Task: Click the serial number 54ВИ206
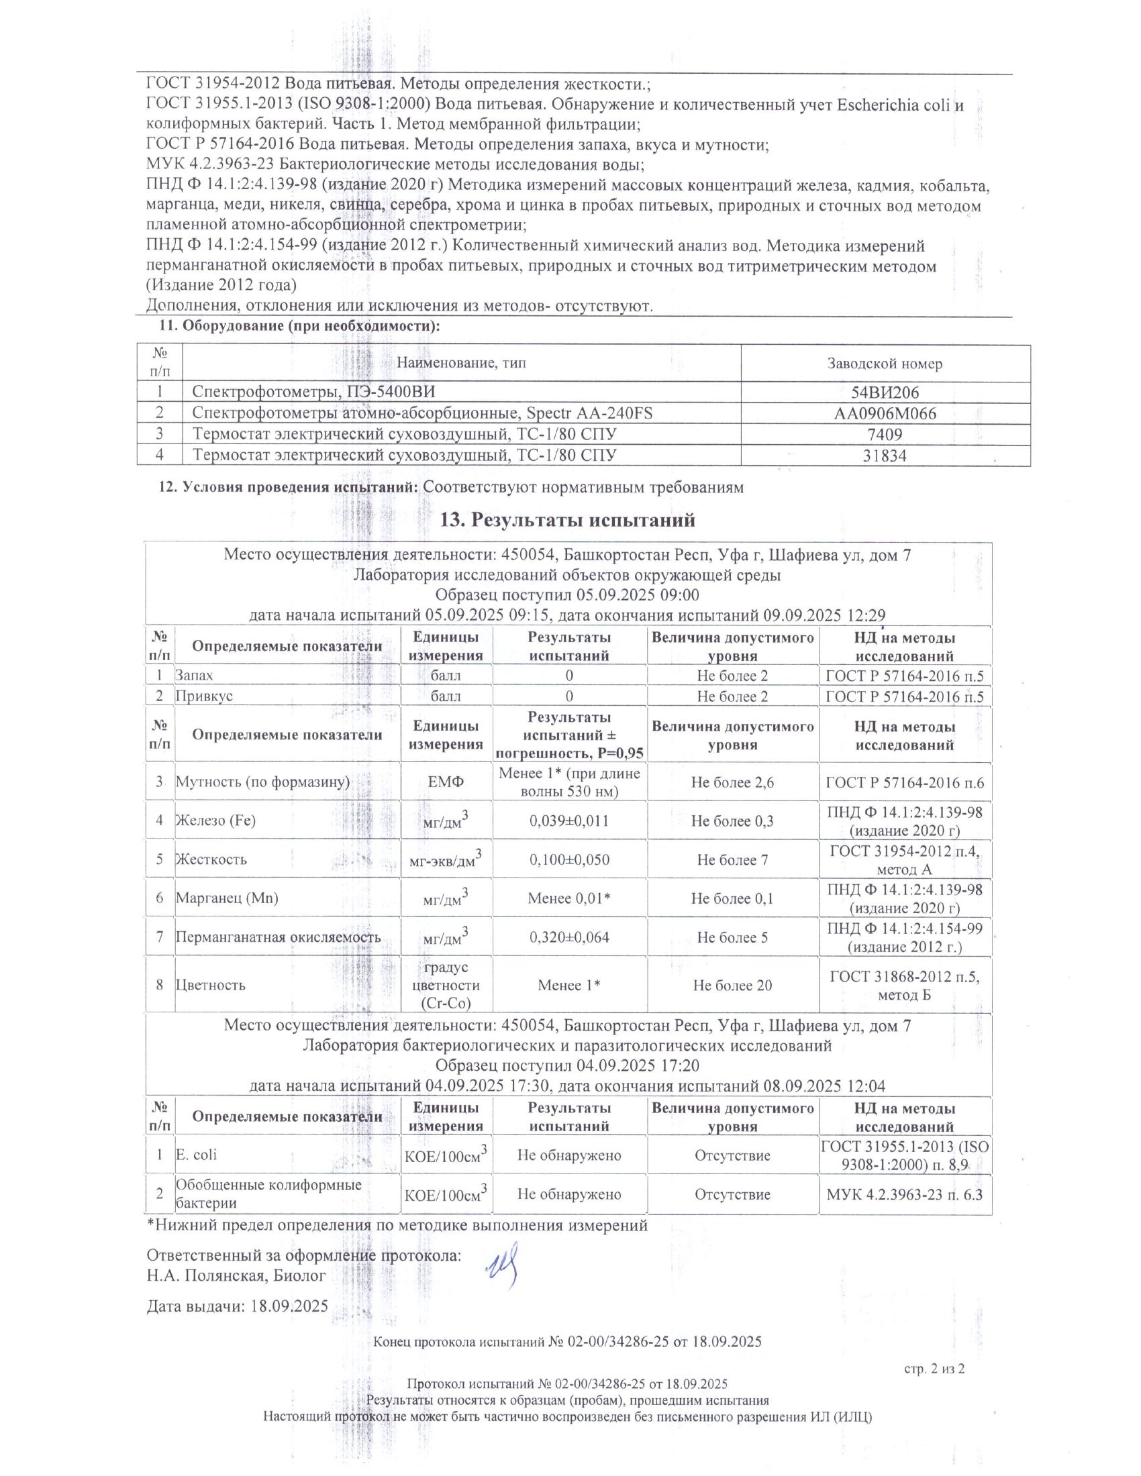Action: [885, 393]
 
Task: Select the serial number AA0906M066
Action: [885, 413]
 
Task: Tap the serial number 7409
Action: [885, 435]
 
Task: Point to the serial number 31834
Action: [885, 456]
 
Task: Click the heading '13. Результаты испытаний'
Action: [568, 521]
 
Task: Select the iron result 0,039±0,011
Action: [569, 821]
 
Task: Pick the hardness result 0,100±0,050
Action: [569, 859]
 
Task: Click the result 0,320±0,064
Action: [569, 937]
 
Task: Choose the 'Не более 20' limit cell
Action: [732, 986]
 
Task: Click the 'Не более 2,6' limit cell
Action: [732, 782]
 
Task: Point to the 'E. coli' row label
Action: [196, 1155]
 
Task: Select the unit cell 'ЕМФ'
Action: [446, 782]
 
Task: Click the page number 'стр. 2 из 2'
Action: [934, 1369]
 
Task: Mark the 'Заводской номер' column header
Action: [885, 364]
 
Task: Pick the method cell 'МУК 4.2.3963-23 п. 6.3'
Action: [905, 1194]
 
